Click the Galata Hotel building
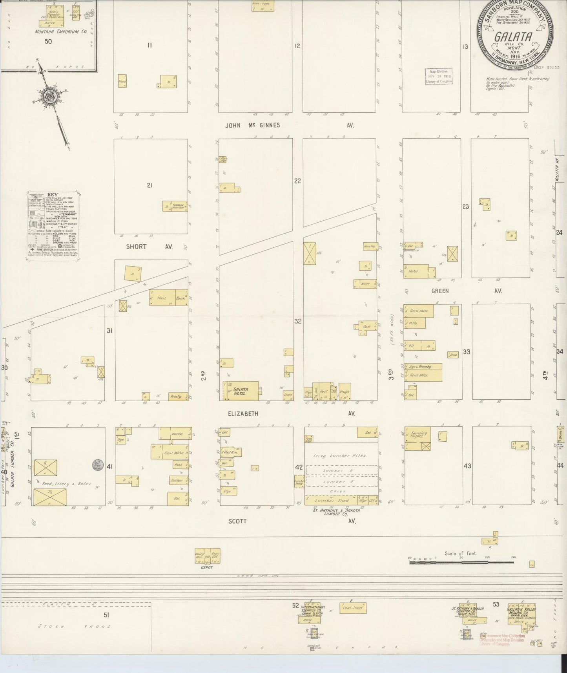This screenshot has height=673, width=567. (x=241, y=391)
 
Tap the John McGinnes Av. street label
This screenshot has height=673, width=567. (x=253, y=125)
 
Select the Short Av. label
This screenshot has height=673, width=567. (x=137, y=247)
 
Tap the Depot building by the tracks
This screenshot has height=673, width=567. (x=207, y=556)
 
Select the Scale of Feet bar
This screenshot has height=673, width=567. (x=461, y=563)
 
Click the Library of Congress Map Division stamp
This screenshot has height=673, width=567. (x=439, y=76)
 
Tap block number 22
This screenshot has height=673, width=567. (x=297, y=181)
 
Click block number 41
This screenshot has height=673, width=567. (x=109, y=467)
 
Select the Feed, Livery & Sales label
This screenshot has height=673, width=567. (x=66, y=484)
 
